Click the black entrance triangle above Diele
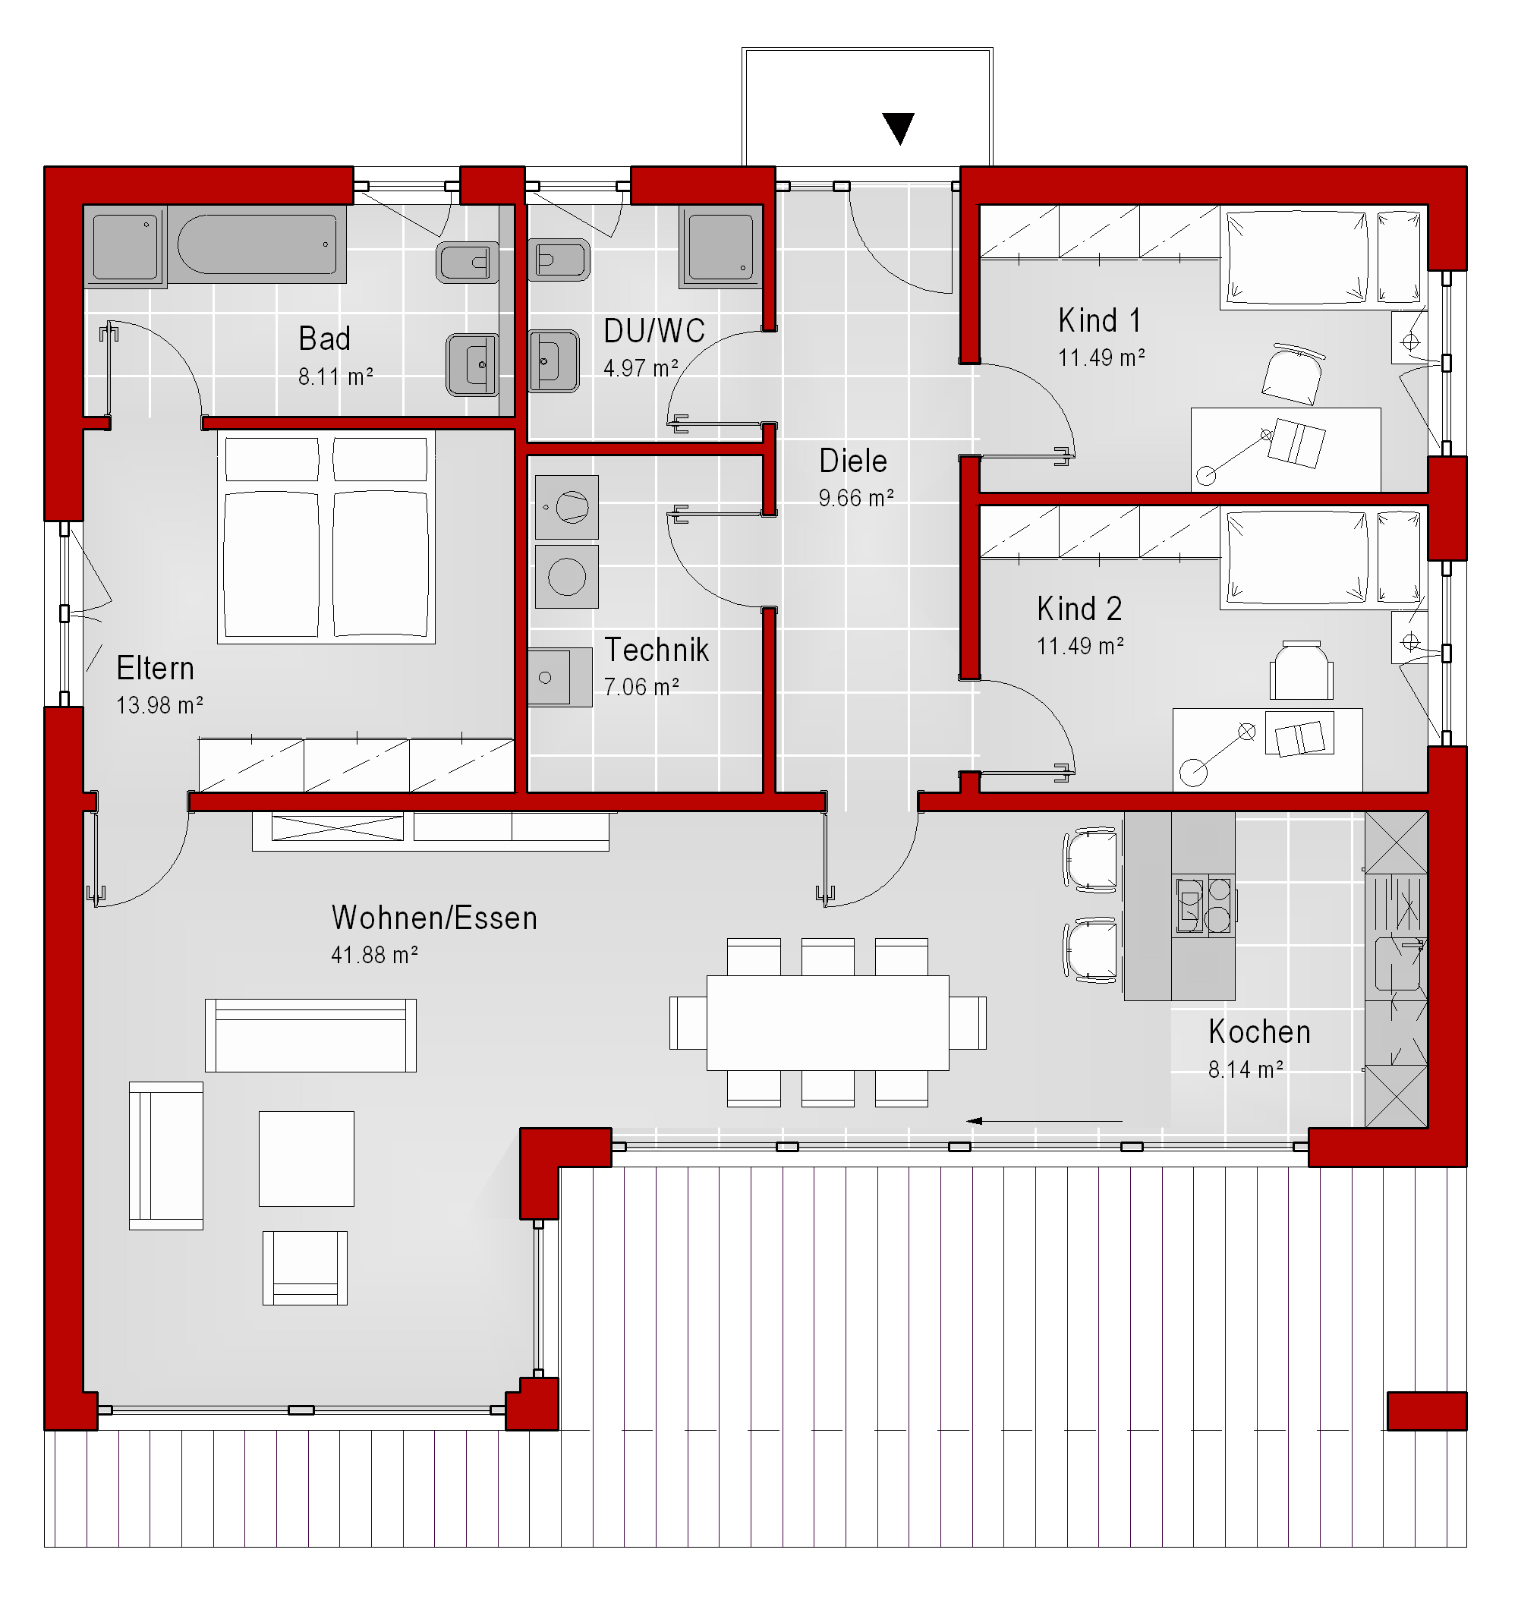(x=898, y=128)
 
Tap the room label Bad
(x=325, y=339)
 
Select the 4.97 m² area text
(x=641, y=368)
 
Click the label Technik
(x=657, y=650)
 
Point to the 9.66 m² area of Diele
(x=856, y=498)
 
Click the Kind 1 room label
(x=1099, y=320)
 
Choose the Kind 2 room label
(x=1079, y=609)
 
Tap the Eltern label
(x=156, y=669)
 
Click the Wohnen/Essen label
(x=434, y=918)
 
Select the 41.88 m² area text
(x=375, y=956)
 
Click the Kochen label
(x=1259, y=1032)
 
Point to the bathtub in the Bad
(x=257, y=244)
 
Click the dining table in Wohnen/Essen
(x=828, y=1023)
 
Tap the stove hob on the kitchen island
(x=1203, y=905)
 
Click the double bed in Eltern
(x=326, y=537)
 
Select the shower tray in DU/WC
(x=720, y=246)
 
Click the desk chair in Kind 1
(x=1293, y=374)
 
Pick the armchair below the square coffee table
(x=305, y=1268)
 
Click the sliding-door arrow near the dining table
(x=1044, y=1121)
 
